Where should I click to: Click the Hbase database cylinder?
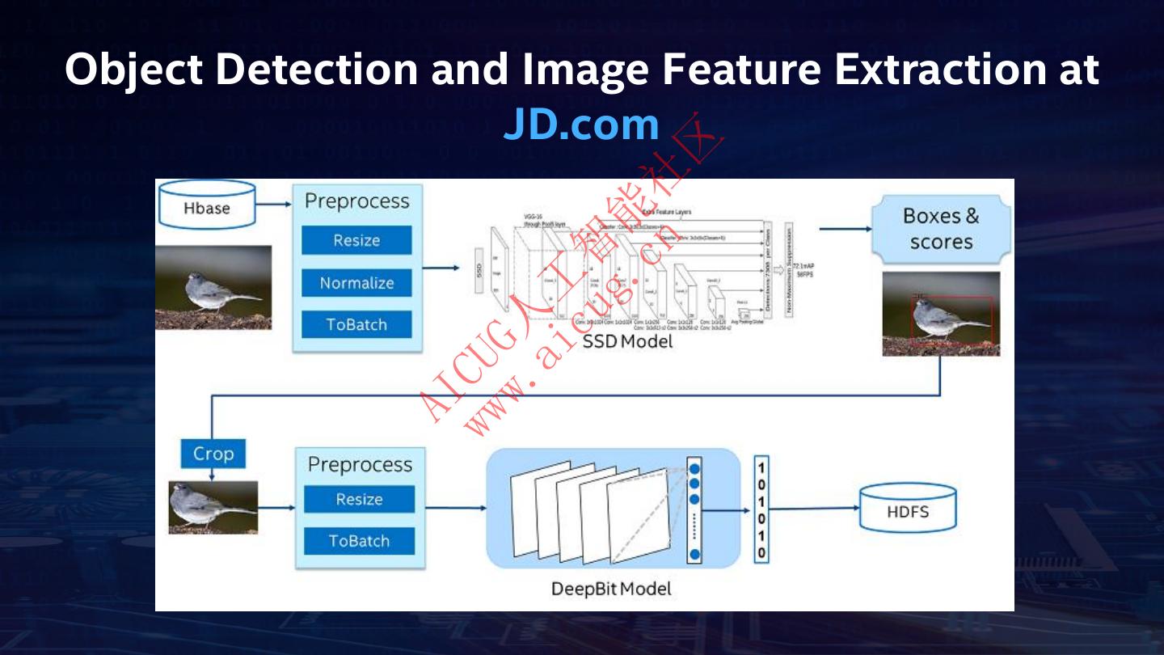[207, 205]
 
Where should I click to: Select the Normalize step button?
[356, 283]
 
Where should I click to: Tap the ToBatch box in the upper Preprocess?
[356, 325]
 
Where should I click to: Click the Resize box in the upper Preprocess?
[356, 240]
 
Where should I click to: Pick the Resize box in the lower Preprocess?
[359, 499]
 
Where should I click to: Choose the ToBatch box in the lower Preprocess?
[359, 541]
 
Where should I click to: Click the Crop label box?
[213, 454]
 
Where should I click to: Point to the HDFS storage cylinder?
[907, 510]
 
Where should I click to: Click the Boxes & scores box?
[941, 229]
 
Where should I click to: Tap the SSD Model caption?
[627, 341]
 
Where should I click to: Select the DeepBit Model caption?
[611, 588]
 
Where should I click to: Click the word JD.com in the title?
[581, 125]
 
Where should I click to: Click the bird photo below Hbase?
[213, 288]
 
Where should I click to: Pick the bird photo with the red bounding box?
[941, 314]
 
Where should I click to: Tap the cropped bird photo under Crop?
[213, 507]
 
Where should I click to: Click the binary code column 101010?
[761, 509]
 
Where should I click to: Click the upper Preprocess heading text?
[356, 201]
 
